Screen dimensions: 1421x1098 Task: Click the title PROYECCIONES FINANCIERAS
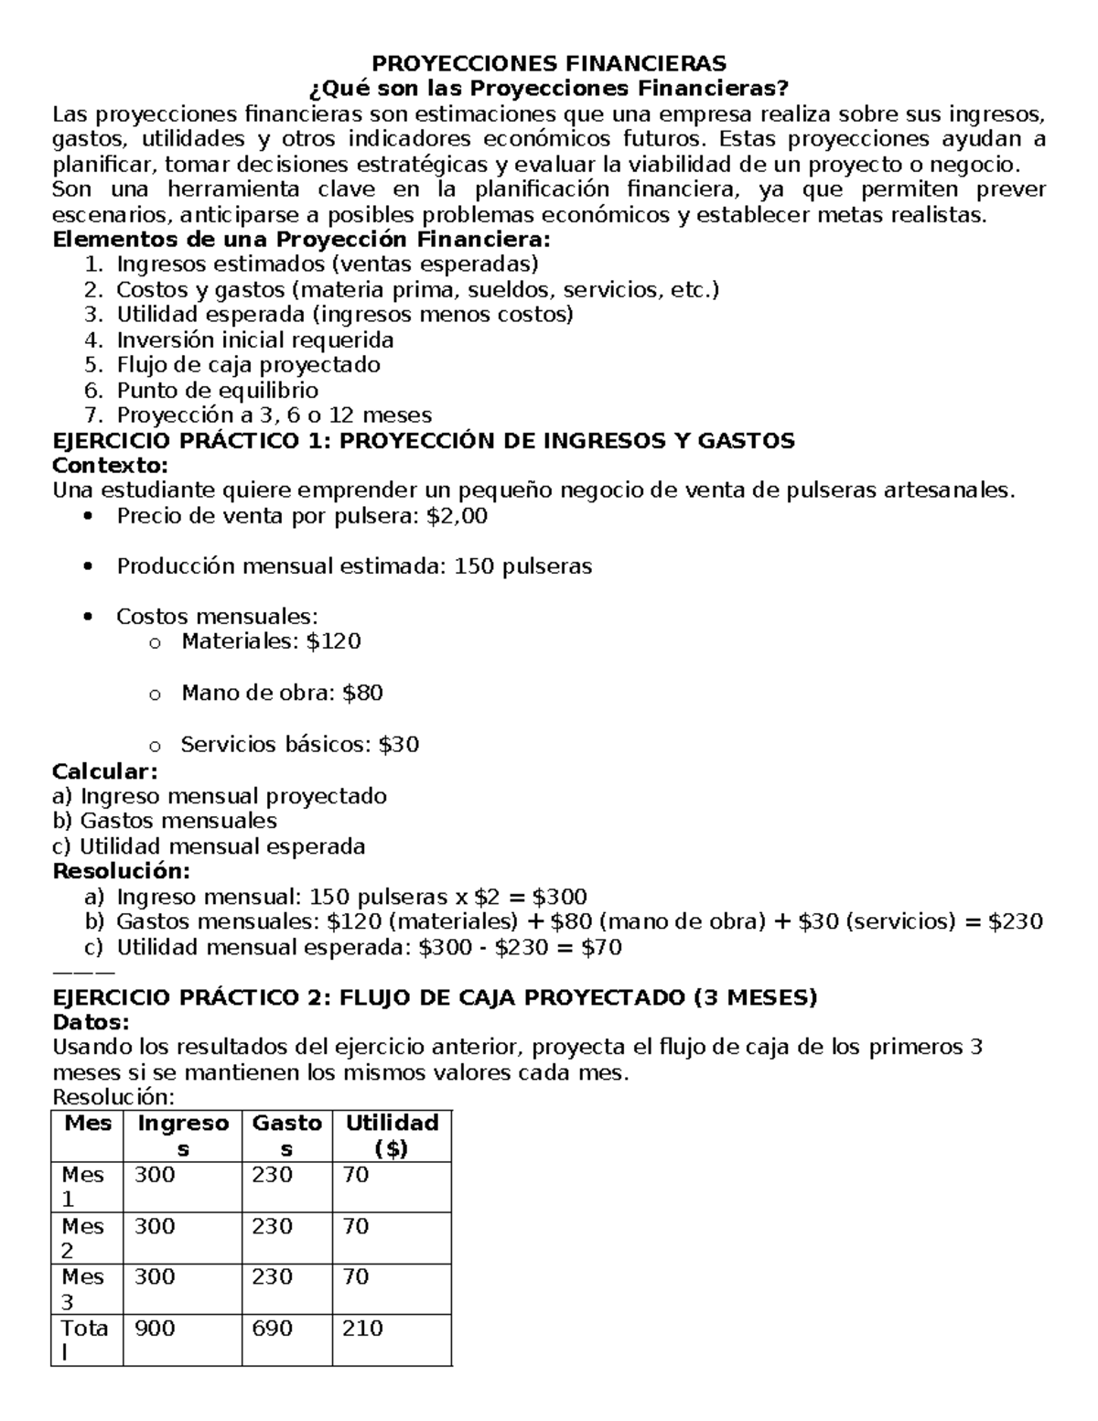(548, 63)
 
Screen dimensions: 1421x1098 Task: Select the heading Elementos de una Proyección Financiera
(303, 240)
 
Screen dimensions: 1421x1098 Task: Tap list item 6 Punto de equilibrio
(217, 390)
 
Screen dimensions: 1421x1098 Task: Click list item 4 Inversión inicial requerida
(254, 339)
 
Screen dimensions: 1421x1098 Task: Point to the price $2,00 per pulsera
(457, 516)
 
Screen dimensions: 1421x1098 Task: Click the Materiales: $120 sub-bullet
(271, 641)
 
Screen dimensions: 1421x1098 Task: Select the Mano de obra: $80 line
(282, 693)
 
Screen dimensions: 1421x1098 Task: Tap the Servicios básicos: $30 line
(299, 744)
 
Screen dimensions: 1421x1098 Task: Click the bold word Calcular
(105, 770)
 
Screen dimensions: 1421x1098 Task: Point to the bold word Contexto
(111, 466)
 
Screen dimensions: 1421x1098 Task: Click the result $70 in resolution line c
(601, 947)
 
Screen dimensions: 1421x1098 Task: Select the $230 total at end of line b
(1016, 921)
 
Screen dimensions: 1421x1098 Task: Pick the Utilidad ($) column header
(392, 1136)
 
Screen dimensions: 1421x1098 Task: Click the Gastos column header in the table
(286, 1136)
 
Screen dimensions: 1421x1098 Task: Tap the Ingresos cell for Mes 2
(155, 1226)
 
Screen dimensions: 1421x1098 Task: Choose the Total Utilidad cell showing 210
(362, 1329)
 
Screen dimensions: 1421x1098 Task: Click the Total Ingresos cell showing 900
(155, 1329)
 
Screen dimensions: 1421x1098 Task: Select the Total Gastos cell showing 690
(272, 1329)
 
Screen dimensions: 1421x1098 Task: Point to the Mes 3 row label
(83, 1288)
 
